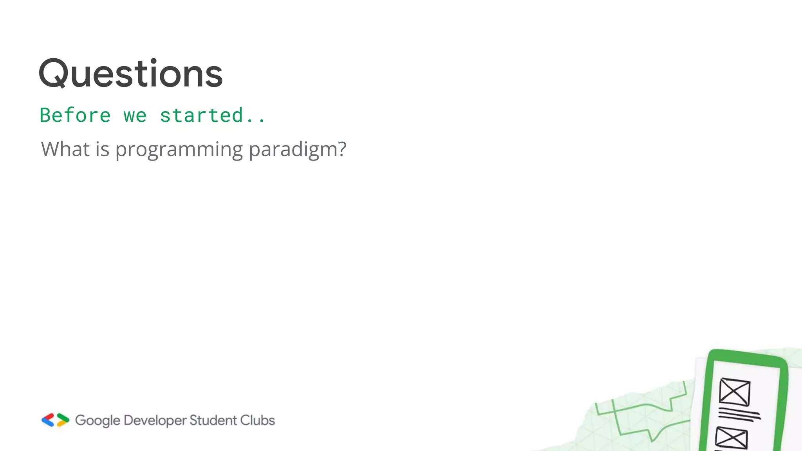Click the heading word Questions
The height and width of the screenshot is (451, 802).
point(131,73)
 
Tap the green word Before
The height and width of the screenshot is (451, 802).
point(75,115)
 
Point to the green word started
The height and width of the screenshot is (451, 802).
point(202,115)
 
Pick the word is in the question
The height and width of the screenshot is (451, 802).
point(102,149)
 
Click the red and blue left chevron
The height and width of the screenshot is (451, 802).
point(48,420)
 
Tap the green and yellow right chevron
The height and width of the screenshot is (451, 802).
point(63,420)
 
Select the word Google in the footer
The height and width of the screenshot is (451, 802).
point(98,420)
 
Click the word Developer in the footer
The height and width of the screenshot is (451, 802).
point(155,420)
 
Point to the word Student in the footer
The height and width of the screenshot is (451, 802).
point(213,420)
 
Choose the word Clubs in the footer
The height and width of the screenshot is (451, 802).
point(257,420)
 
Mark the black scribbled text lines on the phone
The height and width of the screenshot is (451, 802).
point(739,414)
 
